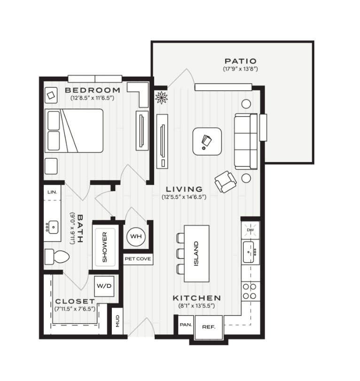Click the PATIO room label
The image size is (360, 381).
pyautogui.click(x=240, y=61)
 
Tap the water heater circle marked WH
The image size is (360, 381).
pyautogui.click(x=136, y=236)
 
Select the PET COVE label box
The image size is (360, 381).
pyautogui.click(x=138, y=259)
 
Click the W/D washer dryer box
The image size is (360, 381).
pyautogui.click(x=104, y=286)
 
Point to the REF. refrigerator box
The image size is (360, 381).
pyautogui.click(x=209, y=327)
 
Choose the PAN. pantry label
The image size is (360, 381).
pyautogui.click(x=186, y=325)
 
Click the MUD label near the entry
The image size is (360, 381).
pyautogui.click(x=117, y=321)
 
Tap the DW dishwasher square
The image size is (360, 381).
pyautogui.click(x=250, y=230)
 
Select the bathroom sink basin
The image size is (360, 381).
pyautogui.click(x=53, y=227)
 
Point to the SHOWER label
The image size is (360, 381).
pyautogui.click(x=105, y=247)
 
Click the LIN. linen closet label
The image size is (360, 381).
pyautogui.click(x=52, y=192)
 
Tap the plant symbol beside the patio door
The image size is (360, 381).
pyautogui.click(x=161, y=97)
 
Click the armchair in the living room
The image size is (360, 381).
pyautogui.click(x=226, y=182)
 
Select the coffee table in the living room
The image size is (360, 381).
pyautogui.click(x=207, y=141)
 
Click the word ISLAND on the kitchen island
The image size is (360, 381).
pyautogui.click(x=196, y=253)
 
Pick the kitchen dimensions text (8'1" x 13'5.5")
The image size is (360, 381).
pyautogui.click(x=196, y=306)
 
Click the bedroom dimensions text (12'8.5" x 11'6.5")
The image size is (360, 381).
pyautogui.click(x=93, y=98)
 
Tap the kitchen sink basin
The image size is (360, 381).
pyautogui.click(x=249, y=252)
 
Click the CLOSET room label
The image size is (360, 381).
pyautogui.click(x=75, y=301)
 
